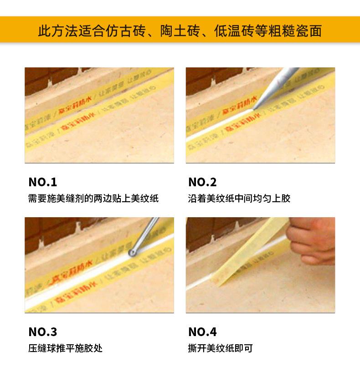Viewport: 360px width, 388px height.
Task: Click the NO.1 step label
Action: [x=43, y=182]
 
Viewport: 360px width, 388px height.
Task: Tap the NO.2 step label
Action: [x=202, y=182]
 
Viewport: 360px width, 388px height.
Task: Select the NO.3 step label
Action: [x=43, y=332]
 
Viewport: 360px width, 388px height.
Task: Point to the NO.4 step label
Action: [x=202, y=332]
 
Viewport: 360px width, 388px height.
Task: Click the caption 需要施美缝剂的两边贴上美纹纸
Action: [x=93, y=199]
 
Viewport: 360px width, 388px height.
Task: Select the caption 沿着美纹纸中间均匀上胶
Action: [x=239, y=199]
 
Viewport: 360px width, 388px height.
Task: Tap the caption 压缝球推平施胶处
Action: [x=65, y=348]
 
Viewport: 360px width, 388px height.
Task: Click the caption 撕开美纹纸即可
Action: [x=220, y=348]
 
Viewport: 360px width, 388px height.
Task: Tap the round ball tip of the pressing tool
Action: [x=133, y=252]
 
